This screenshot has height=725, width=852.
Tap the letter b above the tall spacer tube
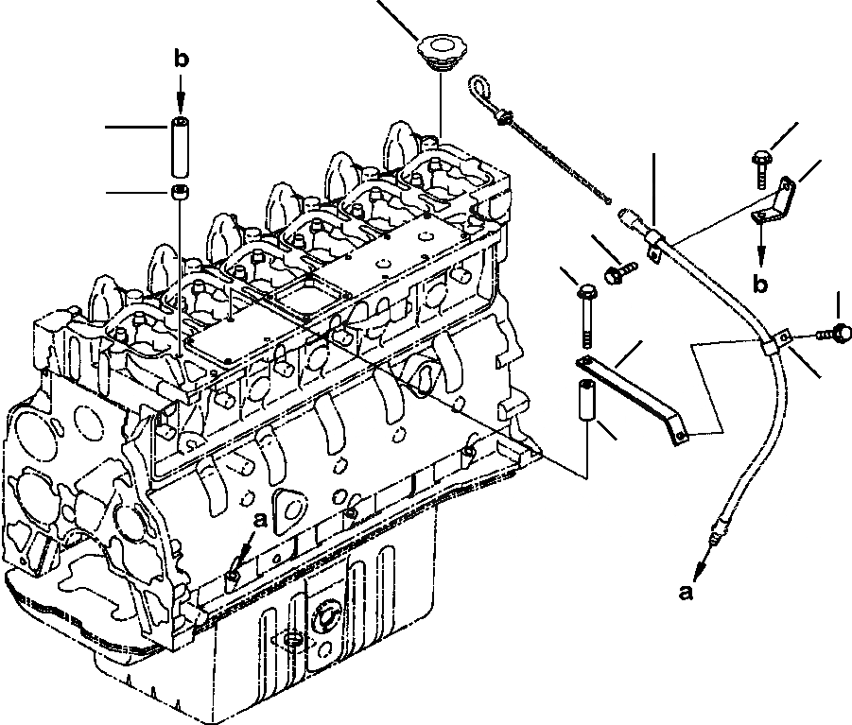(x=182, y=60)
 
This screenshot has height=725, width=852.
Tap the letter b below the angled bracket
(x=759, y=281)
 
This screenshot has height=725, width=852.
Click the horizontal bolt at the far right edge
(x=835, y=331)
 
